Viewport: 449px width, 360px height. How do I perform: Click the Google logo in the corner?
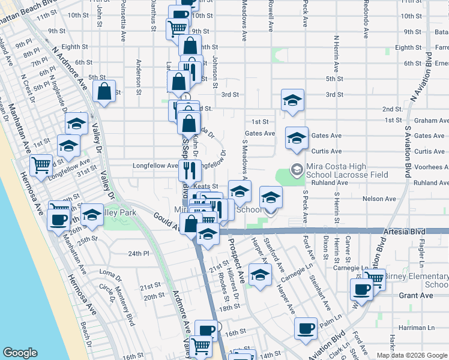click(x=21, y=353)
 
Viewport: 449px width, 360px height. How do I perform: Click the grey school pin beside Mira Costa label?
click(x=296, y=170)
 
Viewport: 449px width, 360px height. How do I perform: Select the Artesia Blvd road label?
click(x=408, y=231)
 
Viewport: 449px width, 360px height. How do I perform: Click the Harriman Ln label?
click(x=418, y=328)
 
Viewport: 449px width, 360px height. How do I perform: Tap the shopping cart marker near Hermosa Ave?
click(x=41, y=164)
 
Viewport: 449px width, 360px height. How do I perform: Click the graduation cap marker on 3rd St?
click(x=292, y=100)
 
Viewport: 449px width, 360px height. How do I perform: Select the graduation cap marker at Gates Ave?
click(x=297, y=138)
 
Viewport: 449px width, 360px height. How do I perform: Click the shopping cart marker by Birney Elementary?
click(x=375, y=278)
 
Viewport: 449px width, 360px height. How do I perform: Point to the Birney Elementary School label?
click(x=417, y=280)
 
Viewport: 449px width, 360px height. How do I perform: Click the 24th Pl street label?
click(x=137, y=254)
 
